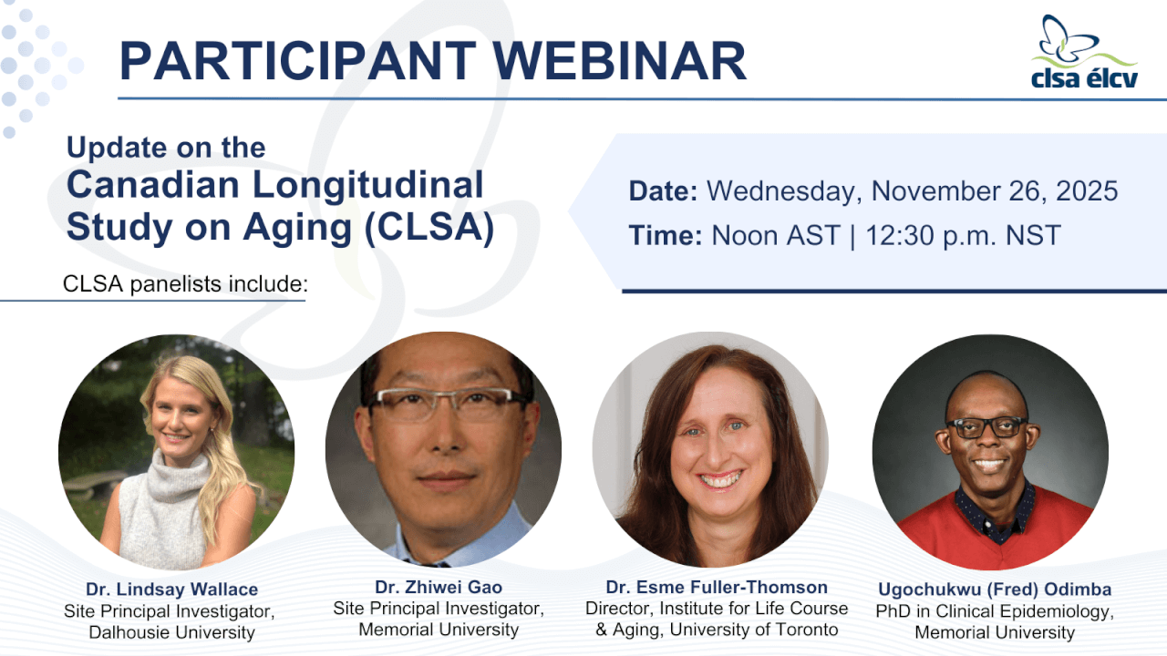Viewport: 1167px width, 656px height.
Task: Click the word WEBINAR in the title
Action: pos(620,61)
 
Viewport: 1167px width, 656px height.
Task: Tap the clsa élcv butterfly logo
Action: pos(1084,52)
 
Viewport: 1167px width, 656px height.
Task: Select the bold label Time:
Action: pos(666,235)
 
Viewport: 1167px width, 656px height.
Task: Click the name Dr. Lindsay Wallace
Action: pos(172,589)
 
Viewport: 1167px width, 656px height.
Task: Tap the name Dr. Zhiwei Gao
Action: pos(439,588)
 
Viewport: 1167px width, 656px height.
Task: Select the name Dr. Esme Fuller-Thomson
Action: pos(717,588)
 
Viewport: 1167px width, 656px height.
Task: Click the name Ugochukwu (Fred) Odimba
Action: pos(995,589)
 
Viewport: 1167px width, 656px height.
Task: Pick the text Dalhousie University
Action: pos(172,632)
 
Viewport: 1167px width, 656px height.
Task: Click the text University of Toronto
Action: pos(754,630)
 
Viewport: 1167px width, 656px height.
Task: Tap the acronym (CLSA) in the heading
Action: pos(429,228)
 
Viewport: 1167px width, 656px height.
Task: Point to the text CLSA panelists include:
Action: pos(185,284)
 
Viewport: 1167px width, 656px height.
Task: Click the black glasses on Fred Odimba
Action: pos(986,427)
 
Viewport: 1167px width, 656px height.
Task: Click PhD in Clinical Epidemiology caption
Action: pos(995,611)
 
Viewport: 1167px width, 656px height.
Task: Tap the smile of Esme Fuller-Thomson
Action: pos(719,479)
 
